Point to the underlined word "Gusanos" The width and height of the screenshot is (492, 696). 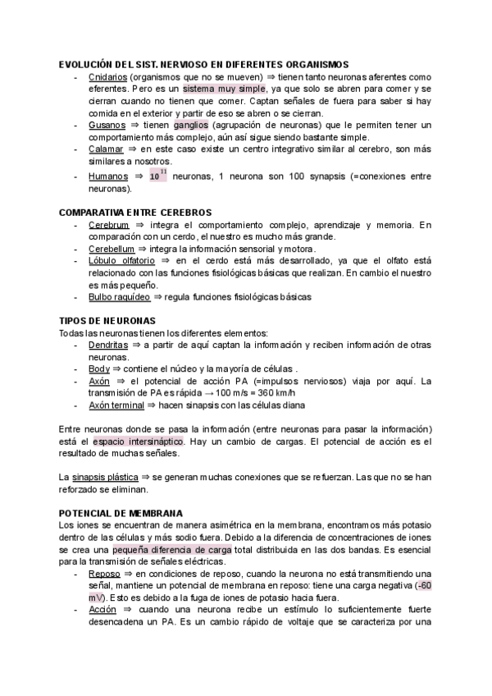coord(107,125)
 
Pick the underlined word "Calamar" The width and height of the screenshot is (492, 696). coord(106,150)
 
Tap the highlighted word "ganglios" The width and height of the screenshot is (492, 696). coord(191,125)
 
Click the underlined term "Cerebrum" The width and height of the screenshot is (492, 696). coord(108,224)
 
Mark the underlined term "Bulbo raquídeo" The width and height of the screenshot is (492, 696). coord(119,296)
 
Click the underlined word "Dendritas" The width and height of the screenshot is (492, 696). coord(108,346)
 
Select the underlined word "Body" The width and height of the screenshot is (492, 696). coord(98,369)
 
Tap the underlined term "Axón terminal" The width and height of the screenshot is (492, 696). coord(117,405)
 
